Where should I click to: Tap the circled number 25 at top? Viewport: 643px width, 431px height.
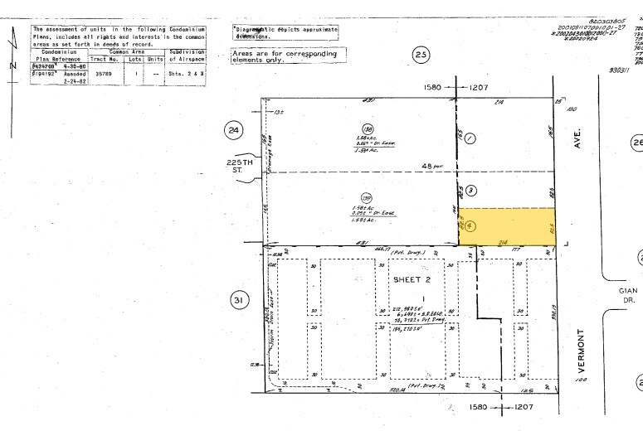pos(421,56)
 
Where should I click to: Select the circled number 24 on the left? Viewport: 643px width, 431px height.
pos(234,130)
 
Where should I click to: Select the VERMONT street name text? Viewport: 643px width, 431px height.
pos(581,351)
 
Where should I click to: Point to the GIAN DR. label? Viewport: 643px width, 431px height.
pos(628,296)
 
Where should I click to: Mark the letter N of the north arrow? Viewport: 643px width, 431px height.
pos(12,65)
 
